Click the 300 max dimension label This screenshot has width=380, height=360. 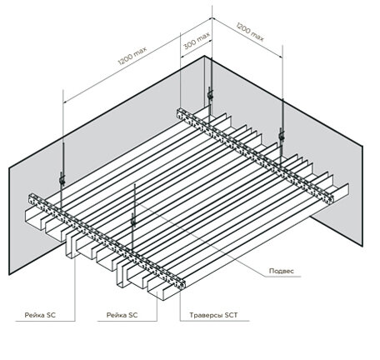197,41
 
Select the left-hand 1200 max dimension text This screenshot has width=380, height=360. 132,56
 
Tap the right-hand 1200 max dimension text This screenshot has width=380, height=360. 250,32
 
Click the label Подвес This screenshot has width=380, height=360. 281,271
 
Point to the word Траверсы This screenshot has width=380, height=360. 206,315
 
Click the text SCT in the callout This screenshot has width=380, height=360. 231,315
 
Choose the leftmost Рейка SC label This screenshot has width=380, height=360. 40,315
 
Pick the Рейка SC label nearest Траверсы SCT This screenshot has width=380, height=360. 122,315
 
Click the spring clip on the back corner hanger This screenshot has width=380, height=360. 210,95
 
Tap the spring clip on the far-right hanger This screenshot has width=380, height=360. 282,136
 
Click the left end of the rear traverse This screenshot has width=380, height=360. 180,113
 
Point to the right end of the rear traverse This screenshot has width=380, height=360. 330,199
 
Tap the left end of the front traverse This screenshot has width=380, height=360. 32,199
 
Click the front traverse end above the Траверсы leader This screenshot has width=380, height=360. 182,284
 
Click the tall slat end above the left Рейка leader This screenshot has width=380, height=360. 70,243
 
